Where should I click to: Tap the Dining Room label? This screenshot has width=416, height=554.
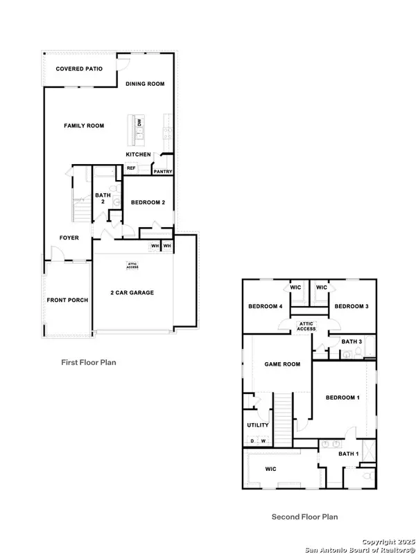pyautogui.click(x=145, y=84)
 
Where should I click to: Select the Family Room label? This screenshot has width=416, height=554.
pyautogui.click(x=84, y=125)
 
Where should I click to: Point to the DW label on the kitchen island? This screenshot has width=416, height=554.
pyautogui.click(x=139, y=123)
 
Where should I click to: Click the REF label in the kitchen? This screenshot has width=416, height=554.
pyautogui.click(x=130, y=168)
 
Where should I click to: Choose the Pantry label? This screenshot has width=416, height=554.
pyautogui.click(x=163, y=171)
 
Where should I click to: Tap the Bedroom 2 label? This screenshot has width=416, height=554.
pyautogui.click(x=148, y=202)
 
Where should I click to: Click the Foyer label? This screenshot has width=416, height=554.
pyautogui.click(x=69, y=238)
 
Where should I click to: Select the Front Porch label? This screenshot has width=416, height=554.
pyautogui.click(x=67, y=300)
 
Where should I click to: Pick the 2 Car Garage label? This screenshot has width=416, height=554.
pyautogui.click(x=132, y=292)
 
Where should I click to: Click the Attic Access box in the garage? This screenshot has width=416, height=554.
pyautogui.click(x=132, y=264)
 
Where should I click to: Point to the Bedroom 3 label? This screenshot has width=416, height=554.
pyautogui.click(x=352, y=306)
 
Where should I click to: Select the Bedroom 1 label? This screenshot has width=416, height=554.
pyautogui.click(x=343, y=397)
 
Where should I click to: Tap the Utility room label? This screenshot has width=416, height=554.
pyautogui.click(x=258, y=425)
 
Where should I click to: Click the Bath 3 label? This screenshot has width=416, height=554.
pyautogui.click(x=351, y=341)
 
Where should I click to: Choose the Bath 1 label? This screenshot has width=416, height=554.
pyautogui.click(x=349, y=454)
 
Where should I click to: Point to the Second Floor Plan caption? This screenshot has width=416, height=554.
pyautogui.click(x=304, y=517)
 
